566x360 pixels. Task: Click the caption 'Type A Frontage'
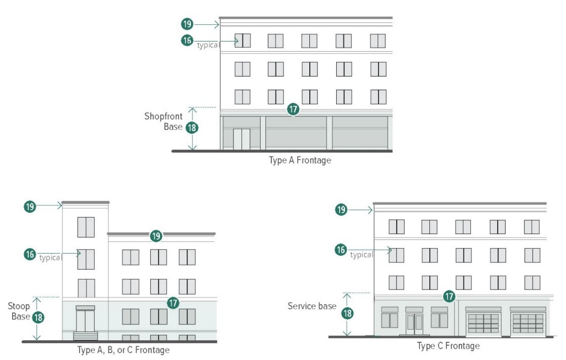300,161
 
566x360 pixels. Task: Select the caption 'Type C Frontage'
449,346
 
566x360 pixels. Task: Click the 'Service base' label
312,306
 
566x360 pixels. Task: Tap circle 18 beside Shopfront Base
192,128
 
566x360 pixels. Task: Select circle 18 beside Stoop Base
37,317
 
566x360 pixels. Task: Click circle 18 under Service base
347,313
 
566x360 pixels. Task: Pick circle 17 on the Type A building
293,109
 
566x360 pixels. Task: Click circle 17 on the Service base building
449,296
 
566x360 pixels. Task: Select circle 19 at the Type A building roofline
187,24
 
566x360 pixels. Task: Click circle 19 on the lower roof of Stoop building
156,235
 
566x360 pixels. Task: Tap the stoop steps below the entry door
85,336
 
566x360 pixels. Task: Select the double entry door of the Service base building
415,324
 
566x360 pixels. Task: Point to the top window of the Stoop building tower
86,227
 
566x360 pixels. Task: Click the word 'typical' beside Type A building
208,46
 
